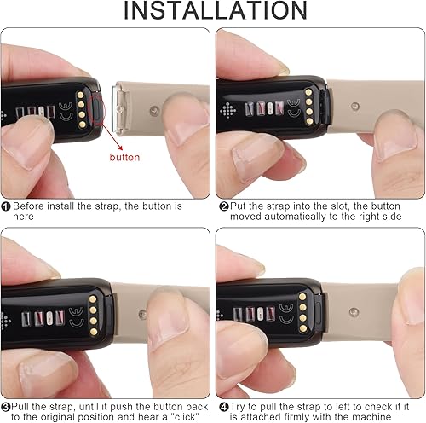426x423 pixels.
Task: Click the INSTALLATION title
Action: coord(212,13)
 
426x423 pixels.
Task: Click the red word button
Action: coord(125,157)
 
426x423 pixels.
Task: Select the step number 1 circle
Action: coord(7,206)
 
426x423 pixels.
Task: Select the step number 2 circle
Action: coord(223,206)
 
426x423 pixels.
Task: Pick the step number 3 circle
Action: coord(7,406)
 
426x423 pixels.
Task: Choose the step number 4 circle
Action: coord(223,406)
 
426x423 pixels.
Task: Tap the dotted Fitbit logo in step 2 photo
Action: coord(227,109)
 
